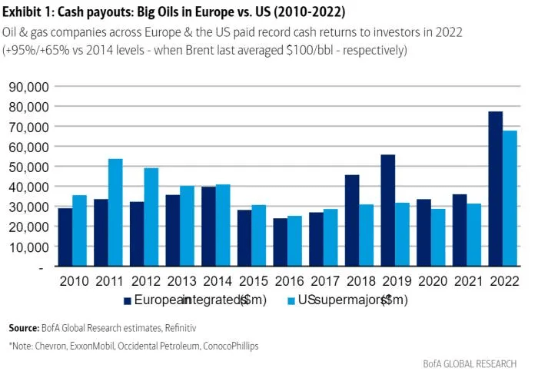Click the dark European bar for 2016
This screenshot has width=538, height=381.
coord(281,243)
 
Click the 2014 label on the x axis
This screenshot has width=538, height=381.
coord(216,282)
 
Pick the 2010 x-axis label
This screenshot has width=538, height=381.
coord(72,282)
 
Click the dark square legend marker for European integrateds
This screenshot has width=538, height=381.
coord(128,300)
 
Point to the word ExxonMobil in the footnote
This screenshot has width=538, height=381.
coord(89,346)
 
